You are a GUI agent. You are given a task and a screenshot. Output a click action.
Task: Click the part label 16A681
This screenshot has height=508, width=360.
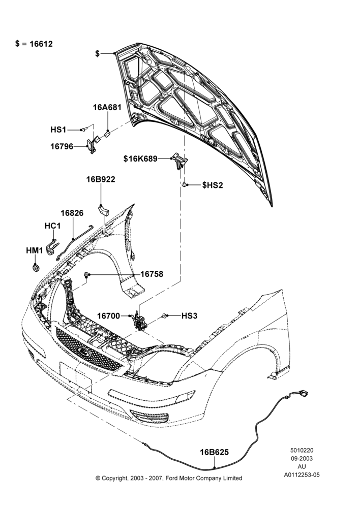coord(107,107)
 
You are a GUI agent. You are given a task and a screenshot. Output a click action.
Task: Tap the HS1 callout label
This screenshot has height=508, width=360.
coord(58,130)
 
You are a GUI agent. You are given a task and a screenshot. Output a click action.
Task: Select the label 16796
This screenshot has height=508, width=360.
coord(62,146)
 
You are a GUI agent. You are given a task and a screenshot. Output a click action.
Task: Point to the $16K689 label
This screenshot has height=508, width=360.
coord(140,158)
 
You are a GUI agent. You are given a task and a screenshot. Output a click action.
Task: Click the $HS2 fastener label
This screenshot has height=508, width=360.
coord(213,185)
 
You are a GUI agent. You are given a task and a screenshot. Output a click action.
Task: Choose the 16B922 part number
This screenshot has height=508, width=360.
coord(101,179)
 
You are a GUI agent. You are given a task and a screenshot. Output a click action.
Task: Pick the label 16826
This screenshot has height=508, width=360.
coord(72,213)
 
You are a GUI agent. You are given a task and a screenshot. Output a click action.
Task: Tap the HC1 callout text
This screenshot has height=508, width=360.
coord(52,226)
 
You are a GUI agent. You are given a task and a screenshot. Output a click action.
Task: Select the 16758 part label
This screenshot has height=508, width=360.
coord(152,274)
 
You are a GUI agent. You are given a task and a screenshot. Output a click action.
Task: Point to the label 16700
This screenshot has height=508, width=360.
coord(109,315)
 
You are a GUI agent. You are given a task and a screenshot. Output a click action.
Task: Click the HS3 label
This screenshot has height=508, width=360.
coord(189,315)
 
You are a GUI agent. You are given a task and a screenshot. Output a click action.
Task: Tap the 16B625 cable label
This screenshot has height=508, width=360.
coord(214,452)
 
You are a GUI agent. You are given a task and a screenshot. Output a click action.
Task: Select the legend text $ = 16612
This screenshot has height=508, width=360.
coord(34,44)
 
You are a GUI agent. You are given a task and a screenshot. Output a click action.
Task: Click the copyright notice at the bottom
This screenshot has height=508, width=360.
coord(169,478)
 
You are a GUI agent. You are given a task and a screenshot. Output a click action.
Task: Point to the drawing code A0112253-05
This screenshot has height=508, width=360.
coord(302,475)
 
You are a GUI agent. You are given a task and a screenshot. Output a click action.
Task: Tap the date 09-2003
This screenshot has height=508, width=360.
coord(302,458)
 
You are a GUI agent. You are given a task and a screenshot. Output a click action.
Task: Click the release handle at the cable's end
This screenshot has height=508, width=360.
coord(302,394)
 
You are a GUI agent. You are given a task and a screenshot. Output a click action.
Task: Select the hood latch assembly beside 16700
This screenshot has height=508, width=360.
coord(139,322)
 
